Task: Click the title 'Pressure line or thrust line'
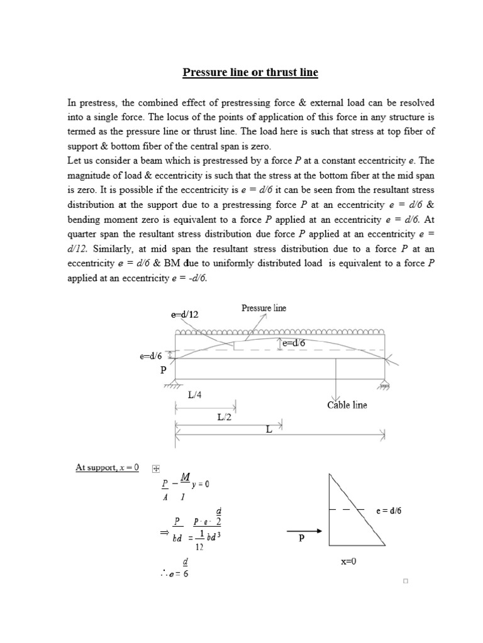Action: pos(250,73)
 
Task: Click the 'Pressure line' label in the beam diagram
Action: pos(264,308)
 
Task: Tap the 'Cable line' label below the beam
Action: pos(347,405)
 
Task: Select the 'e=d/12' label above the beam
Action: pos(185,315)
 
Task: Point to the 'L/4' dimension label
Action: pos(195,394)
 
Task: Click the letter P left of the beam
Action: pos(164,370)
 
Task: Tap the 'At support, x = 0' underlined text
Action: pos(107,467)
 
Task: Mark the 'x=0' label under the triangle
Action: pos(349,561)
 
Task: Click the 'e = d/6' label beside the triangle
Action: pos(389,511)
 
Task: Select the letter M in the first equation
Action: pos(185,477)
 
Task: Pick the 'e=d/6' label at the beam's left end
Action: pos(151,356)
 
